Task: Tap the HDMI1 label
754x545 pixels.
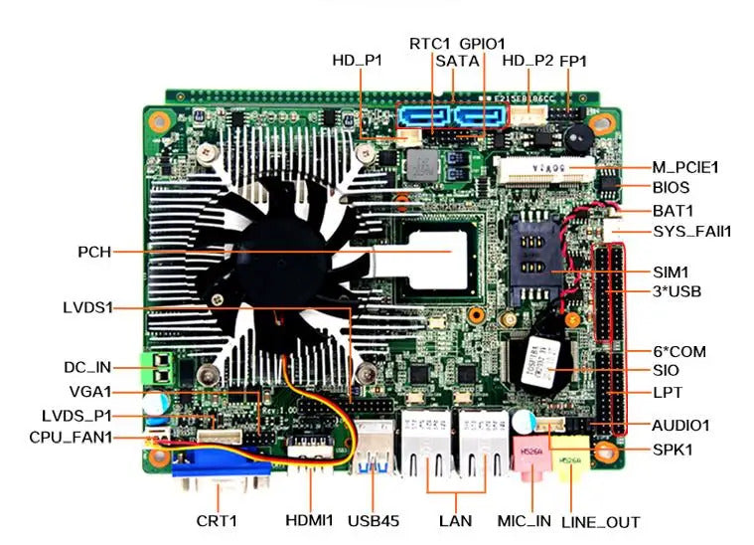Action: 311,520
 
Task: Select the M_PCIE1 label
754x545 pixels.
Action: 685,166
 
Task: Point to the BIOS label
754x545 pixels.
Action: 671,187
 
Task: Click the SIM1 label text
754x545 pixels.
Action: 671,272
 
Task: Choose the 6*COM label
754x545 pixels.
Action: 679,351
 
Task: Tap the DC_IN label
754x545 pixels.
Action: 88,368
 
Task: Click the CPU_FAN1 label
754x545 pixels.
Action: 71,437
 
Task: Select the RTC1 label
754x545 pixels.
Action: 430,44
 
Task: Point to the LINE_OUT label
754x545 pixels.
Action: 600,521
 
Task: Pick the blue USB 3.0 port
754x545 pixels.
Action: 374,453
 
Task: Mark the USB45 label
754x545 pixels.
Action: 373,520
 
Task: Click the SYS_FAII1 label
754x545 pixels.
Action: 691,232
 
